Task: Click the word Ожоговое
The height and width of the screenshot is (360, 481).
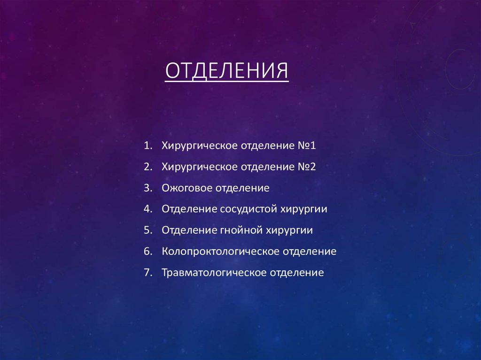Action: click(187, 188)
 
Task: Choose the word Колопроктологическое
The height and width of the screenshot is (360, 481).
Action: click(220, 252)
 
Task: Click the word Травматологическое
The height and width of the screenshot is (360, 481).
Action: click(213, 273)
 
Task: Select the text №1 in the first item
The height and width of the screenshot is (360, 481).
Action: click(307, 146)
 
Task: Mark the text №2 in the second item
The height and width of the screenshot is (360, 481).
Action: click(307, 167)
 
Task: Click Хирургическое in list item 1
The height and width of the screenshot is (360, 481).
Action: click(199, 146)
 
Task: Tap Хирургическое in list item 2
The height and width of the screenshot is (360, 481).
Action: click(199, 167)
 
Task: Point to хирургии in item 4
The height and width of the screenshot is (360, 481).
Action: click(304, 209)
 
